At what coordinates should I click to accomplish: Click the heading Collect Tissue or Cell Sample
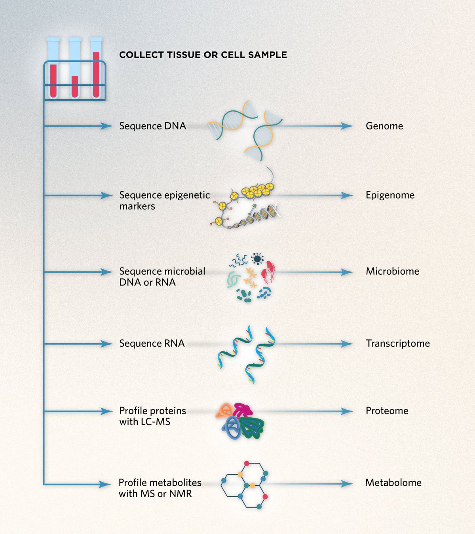(203, 55)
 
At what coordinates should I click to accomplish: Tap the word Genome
(384, 126)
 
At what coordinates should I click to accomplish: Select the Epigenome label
(390, 195)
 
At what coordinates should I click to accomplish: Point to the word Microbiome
(392, 271)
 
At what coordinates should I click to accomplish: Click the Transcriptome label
(397, 343)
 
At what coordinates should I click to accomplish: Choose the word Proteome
(387, 410)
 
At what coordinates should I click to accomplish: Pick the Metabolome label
(393, 483)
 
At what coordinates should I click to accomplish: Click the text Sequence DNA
(152, 126)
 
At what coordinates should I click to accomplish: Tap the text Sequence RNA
(152, 343)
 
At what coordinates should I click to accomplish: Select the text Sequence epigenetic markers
(164, 200)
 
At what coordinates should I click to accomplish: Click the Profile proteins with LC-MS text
(152, 416)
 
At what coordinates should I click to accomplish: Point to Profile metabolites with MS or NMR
(160, 488)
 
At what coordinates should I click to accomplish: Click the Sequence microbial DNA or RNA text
(162, 277)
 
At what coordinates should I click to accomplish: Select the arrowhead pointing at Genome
(347, 126)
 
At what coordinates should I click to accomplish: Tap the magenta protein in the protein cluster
(242, 409)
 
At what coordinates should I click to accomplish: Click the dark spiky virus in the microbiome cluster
(258, 259)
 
